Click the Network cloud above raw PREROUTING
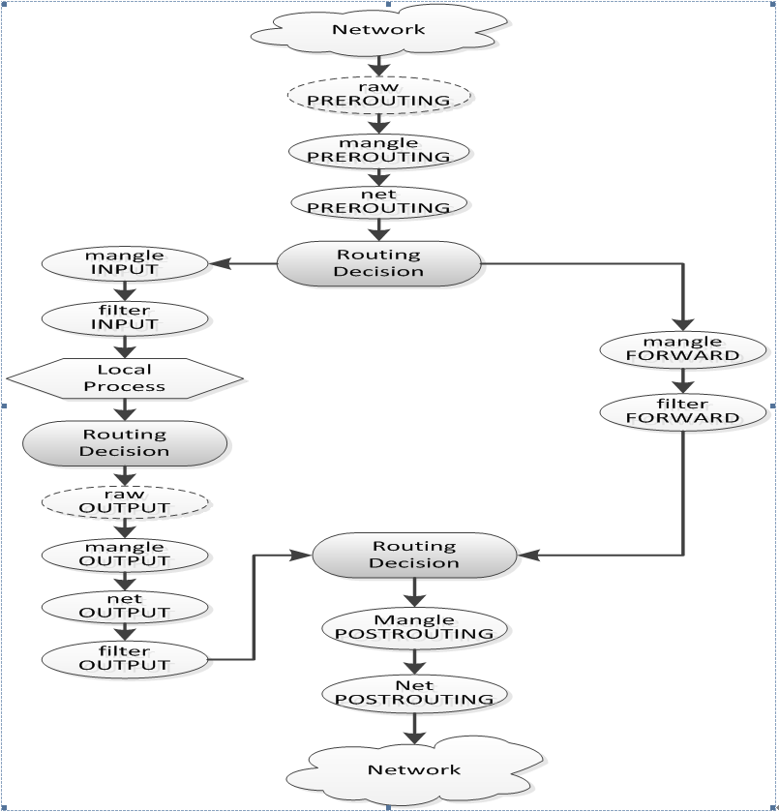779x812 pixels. click(x=378, y=29)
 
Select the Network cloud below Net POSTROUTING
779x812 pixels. click(x=414, y=769)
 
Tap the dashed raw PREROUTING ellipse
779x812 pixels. click(x=378, y=95)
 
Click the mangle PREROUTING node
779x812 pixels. click(x=378, y=150)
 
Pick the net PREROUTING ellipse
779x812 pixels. click(x=378, y=201)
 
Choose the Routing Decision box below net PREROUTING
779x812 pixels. click(x=378, y=263)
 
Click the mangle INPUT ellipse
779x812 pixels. click(x=125, y=262)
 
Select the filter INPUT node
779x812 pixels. click(x=125, y=317)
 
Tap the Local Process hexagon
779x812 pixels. click(x=124, y=377)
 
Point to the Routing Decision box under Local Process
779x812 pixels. click(x=124, y=442)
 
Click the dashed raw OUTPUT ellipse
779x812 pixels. click(x=125, y=501)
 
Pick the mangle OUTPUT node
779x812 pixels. click(x=125, y=554)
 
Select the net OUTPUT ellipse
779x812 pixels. click(x=125, y=606)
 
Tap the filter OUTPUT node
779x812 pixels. click(x=125, y=659)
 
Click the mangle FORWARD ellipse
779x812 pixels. click(x=684, y=348)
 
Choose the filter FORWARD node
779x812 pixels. click(x=684, y=410)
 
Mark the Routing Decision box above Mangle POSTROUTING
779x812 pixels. click(x=414, y=555)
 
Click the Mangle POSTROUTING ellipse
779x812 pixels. click(x=414, y=626)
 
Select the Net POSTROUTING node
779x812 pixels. click(x=414, y=692)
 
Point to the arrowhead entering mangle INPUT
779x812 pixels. click(x=218, y=262)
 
